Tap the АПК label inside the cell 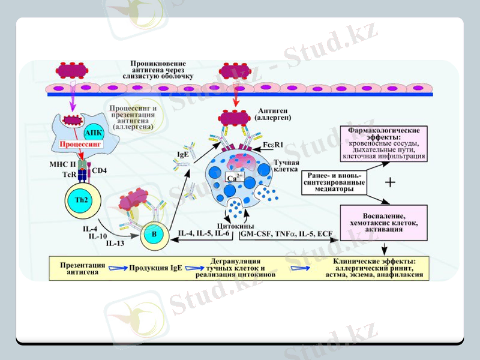[x=94, y=132]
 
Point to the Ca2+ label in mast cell [x=232, y=179]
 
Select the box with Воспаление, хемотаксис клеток [x=383, y=221]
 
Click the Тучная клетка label [x=286, y=166]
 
